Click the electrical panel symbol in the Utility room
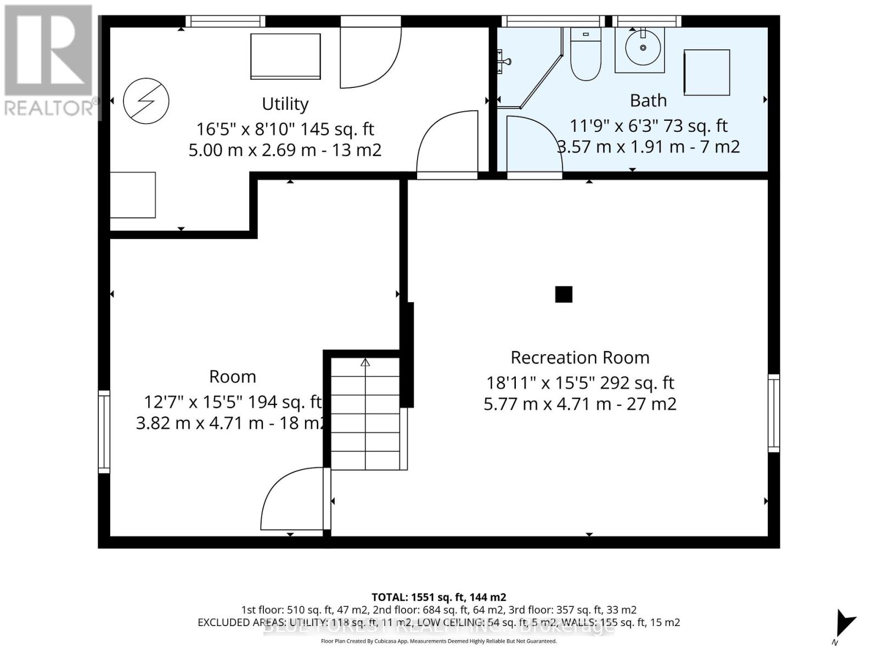point(146,101)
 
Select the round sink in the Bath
point(643,48)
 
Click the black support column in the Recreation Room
point(564,294)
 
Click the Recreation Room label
point(580,358)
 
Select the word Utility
point(285,104)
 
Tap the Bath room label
point(648,100)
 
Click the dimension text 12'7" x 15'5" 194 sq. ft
point(232,402)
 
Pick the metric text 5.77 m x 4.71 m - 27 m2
point(580,404)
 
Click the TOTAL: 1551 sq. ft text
point(438,597)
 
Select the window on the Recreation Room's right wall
point(773,413)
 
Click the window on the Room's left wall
point(104,431)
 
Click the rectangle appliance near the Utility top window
point(285,57)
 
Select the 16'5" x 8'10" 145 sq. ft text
point(285,129)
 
